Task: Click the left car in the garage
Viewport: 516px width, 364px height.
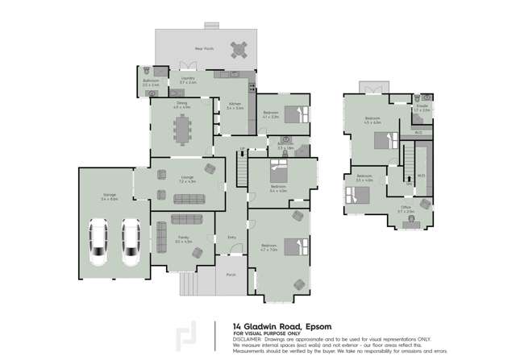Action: pos(98,242)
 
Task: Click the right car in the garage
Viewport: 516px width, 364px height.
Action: pos(130,242)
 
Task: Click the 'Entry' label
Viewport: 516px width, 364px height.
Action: pos(232,237)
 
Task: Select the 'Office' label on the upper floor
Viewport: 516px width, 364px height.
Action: pos(406,207)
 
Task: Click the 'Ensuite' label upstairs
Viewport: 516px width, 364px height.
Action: pos(421,107)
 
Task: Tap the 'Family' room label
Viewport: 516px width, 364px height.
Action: pos(183,238)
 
